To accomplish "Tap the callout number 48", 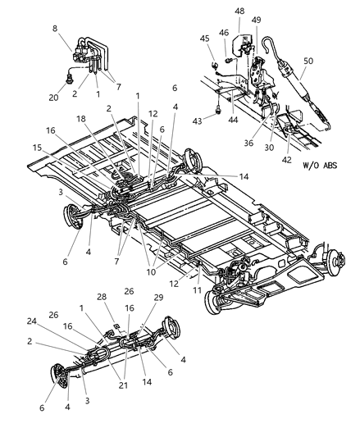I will tap(239, 11).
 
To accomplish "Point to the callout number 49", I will tap(256, 20).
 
